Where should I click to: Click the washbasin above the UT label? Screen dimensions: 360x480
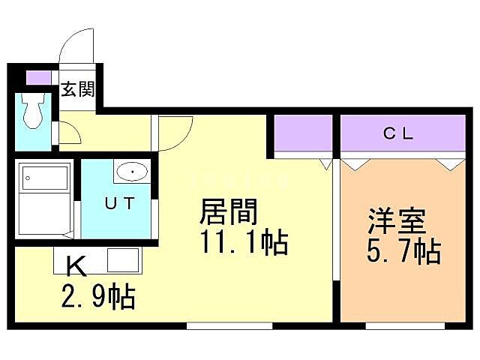pyautogui.click(x=133, y=172)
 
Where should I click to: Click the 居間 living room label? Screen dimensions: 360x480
pyautogui.click(x=228, y=213)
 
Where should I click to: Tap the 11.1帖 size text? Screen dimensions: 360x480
pyautogui.click(x=241, y=244)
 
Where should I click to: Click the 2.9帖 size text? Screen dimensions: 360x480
pyautogui.click(x=97, y=297)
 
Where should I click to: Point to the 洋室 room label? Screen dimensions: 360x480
pyautogui.click(x=397, y=221)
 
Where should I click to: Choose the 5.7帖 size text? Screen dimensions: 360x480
pyautogui.click(x=403, y=252)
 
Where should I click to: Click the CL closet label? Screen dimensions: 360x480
pyautogui.click(x=398, y=134)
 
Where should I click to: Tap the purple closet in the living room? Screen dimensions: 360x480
pyautogui.click(x=302, y=135)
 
